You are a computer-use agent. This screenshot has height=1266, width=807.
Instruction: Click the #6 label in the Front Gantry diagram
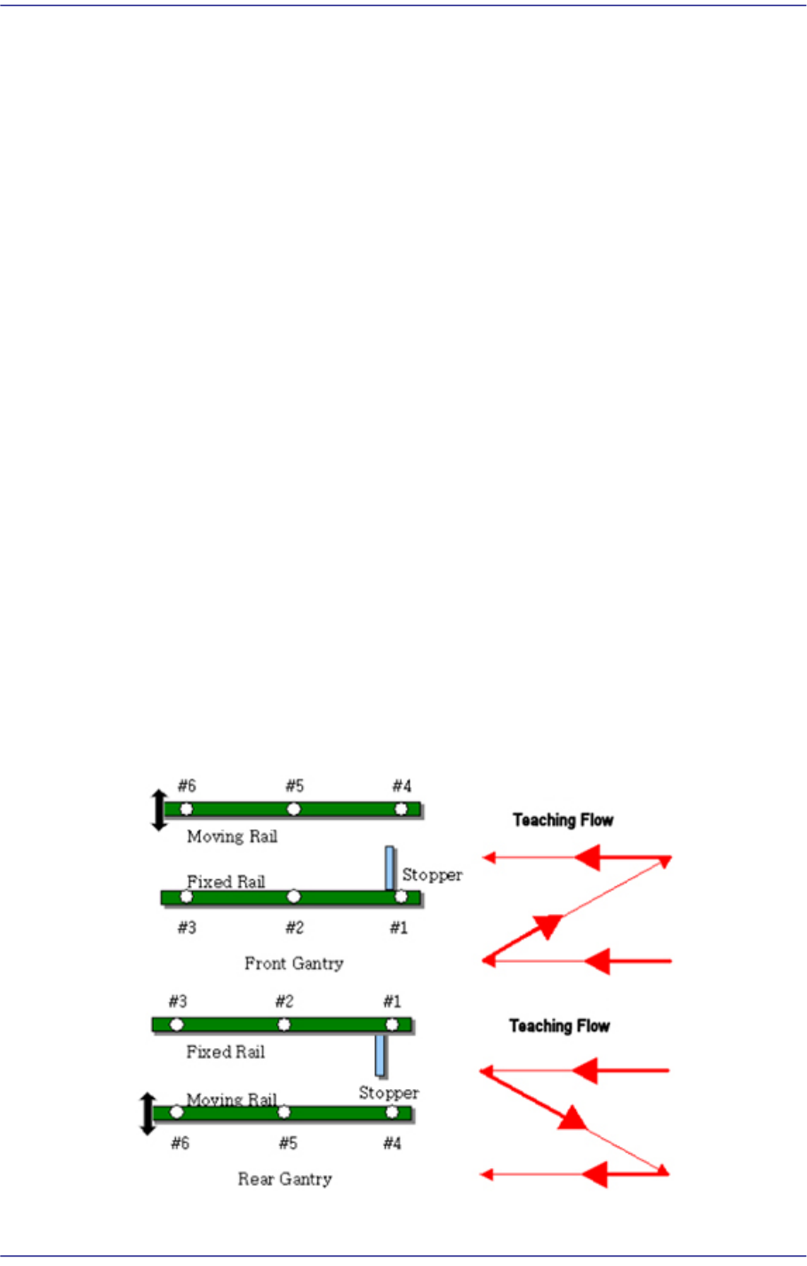[x=187, y=786]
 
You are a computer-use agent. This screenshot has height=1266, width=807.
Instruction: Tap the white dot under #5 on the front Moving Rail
[x=294, y=809]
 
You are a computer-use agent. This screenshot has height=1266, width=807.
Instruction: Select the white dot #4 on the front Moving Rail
[x=401, y=809]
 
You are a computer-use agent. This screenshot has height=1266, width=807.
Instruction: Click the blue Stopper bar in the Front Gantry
[x=389, y=868]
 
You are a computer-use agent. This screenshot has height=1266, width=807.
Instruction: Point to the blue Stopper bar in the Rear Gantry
[x=380, y=1054]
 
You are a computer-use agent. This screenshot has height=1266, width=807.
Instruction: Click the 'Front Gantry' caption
[x=293, y=963]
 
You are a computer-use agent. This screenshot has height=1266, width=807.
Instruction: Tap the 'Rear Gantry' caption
[x=284, y=1179]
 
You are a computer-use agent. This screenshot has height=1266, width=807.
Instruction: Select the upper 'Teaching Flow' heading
[x=563, y=820]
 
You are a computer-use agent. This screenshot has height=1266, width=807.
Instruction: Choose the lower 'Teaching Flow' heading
[x=559, y=1026]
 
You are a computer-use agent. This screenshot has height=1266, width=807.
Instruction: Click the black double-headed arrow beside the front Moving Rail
[x=160, y=810]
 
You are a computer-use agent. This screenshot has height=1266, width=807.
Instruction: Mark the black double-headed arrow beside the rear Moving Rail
[x=148, y=1114]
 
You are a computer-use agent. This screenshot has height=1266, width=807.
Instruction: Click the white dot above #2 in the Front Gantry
[x=294, y=896]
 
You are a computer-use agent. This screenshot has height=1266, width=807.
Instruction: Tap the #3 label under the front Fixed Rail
[x=187, y=927]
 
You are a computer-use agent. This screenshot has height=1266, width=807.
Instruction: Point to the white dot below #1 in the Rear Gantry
[x=391, y=1024]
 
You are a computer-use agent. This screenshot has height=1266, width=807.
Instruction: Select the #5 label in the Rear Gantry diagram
[x=287, y=1143]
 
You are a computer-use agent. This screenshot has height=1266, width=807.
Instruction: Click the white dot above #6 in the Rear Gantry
[x=177, y=1112]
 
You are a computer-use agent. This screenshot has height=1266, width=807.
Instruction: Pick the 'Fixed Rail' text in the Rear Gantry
[x=226, y=1052]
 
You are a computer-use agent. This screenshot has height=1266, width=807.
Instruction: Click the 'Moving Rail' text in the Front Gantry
[x=232, y=837]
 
